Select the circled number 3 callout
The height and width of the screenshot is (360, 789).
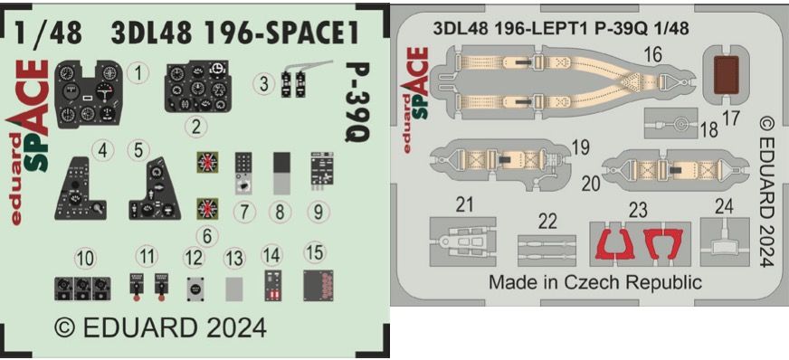tap(263, 83)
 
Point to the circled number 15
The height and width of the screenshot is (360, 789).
tap(315, 251)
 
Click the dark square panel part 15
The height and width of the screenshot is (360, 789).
tap(316, 284)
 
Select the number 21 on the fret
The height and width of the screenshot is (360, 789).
tap(465, 206)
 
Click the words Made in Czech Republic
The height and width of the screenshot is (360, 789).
tap(594, 282)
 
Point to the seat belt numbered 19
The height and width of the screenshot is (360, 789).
tap(489, 164)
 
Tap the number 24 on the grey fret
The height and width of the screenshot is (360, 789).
tap(724, 206)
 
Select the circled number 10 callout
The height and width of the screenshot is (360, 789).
tap(85, 259)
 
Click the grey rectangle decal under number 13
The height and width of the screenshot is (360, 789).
tap(233, 289)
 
